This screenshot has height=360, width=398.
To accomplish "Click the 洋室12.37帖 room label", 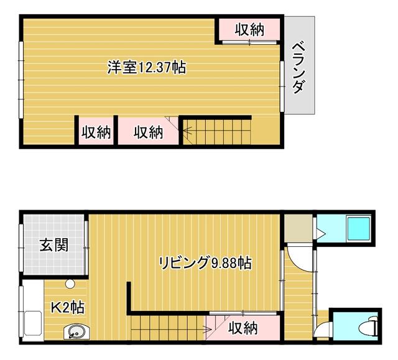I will point(147,67).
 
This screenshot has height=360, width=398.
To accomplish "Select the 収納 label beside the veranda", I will point(249,29).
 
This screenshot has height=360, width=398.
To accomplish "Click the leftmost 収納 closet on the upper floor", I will point(95,132).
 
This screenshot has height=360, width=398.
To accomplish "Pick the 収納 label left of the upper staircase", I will point(147,132).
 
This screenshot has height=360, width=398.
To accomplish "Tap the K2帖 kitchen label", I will point(67,307).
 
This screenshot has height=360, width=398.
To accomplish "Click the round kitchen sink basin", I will point(76,332).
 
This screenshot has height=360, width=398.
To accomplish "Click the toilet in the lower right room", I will point(371,326).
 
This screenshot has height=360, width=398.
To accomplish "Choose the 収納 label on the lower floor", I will point(243,328).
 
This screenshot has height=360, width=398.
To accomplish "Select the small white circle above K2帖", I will point(70,284).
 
